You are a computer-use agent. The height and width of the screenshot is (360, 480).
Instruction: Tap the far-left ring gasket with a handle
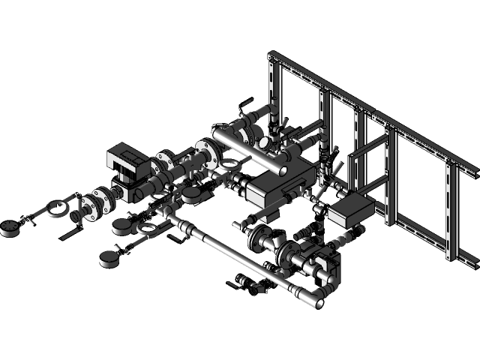[55, 208]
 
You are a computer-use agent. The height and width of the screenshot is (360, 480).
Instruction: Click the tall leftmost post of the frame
[274, 86]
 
